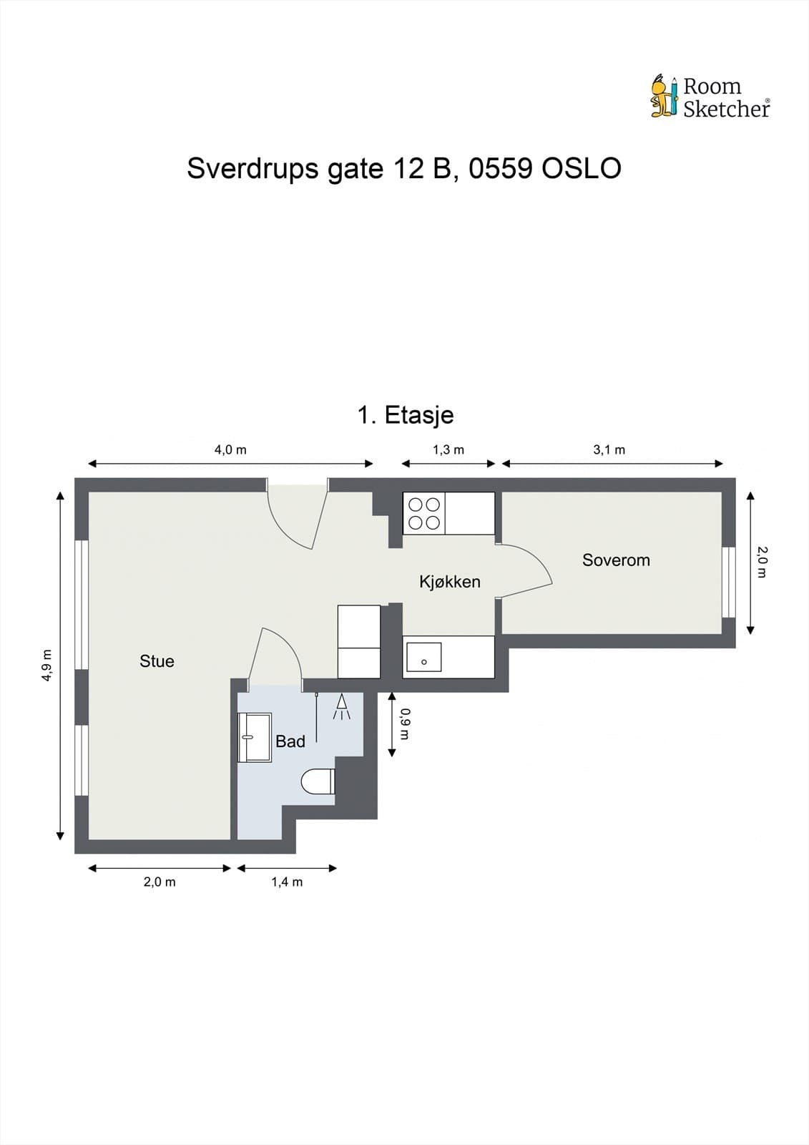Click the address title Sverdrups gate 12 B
403,169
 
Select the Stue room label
157,661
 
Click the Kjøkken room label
449,582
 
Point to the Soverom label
616,560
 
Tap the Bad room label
290,741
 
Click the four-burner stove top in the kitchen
423,513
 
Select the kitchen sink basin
423,658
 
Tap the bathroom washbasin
255,737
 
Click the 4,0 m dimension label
230,450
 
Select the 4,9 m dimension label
47,665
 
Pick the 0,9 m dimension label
405,723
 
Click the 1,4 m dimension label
286,882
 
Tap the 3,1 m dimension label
609,450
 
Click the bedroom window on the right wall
728,582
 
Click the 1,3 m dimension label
448,450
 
